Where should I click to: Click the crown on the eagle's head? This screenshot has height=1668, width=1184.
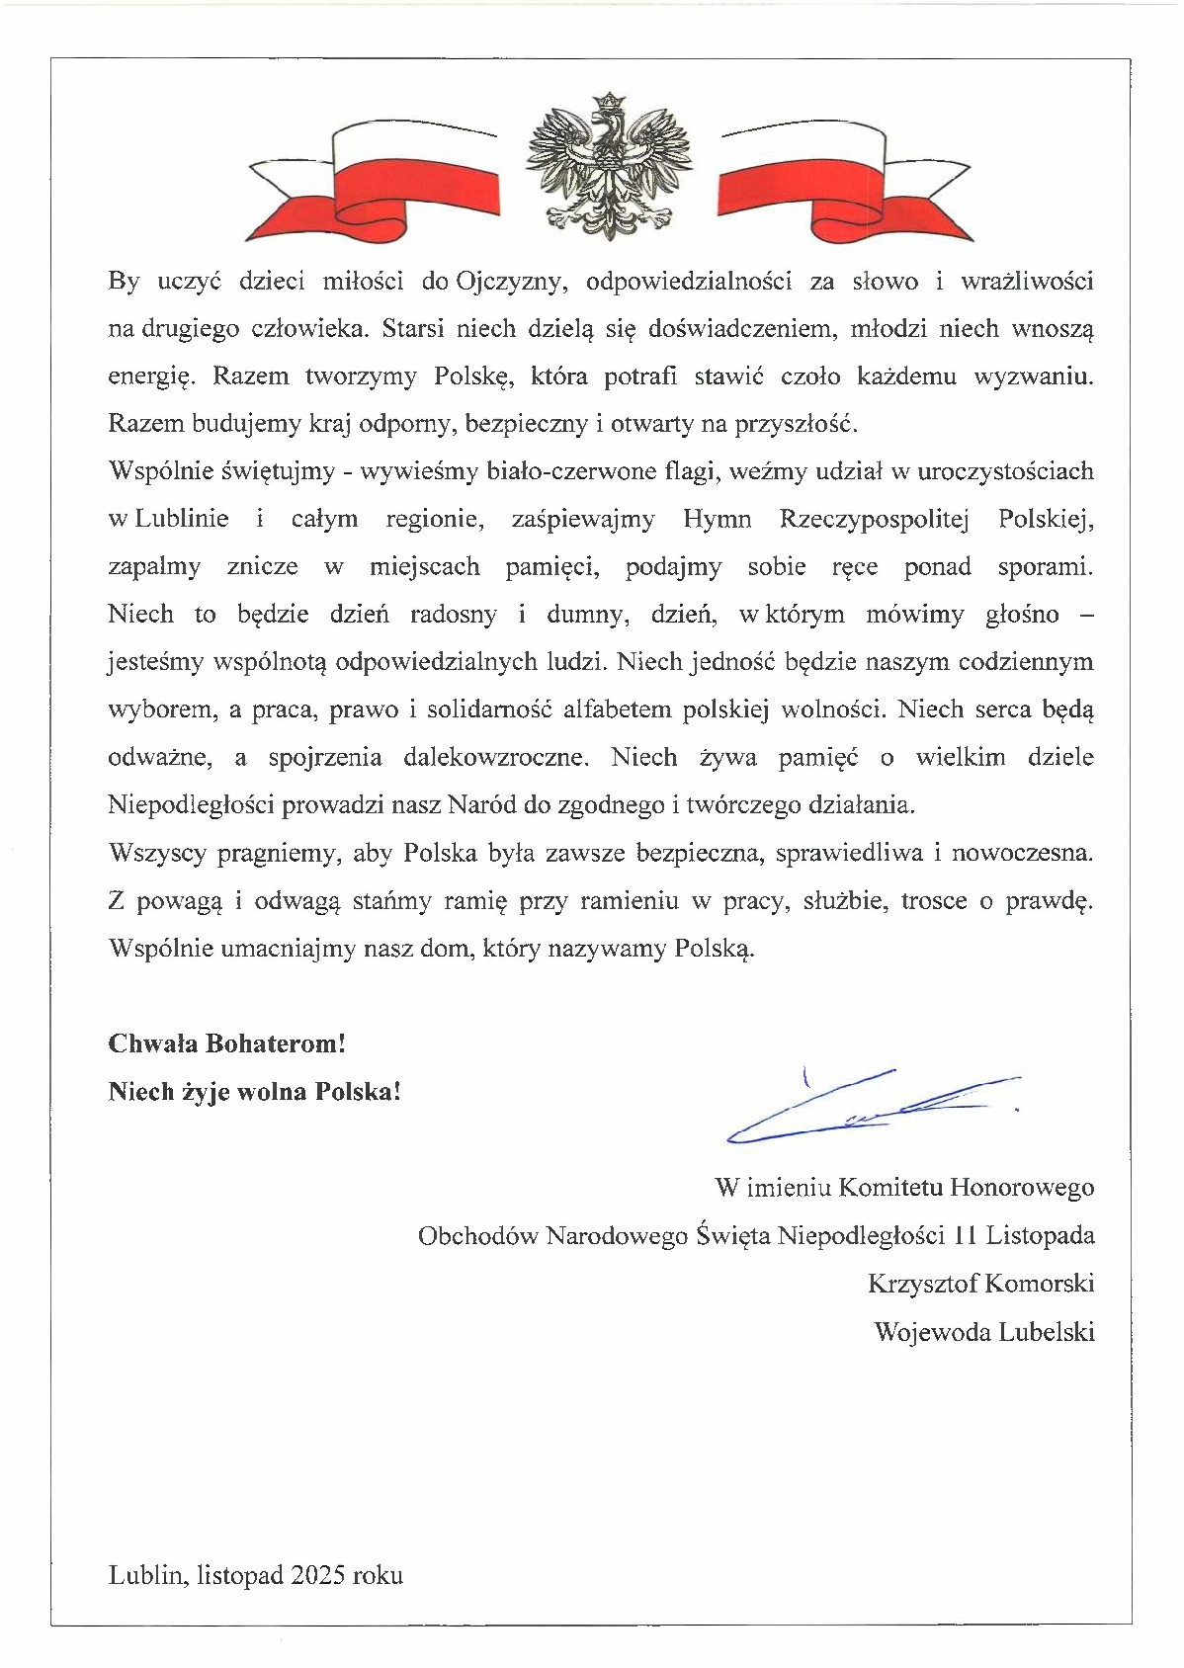coord(610,102)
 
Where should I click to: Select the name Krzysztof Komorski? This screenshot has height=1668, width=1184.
coord(980,1284)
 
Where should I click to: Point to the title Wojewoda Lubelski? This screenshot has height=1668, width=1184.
coord(983,1332)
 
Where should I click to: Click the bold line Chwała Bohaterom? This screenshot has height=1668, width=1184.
coord(226,1043)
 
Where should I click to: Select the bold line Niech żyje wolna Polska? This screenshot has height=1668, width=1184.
coord(255,1092)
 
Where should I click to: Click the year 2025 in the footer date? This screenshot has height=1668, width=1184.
coord(318,1575)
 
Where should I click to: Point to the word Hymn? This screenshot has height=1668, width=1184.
coord(717,519)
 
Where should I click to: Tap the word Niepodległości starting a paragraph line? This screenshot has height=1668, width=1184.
coord(192,805)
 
